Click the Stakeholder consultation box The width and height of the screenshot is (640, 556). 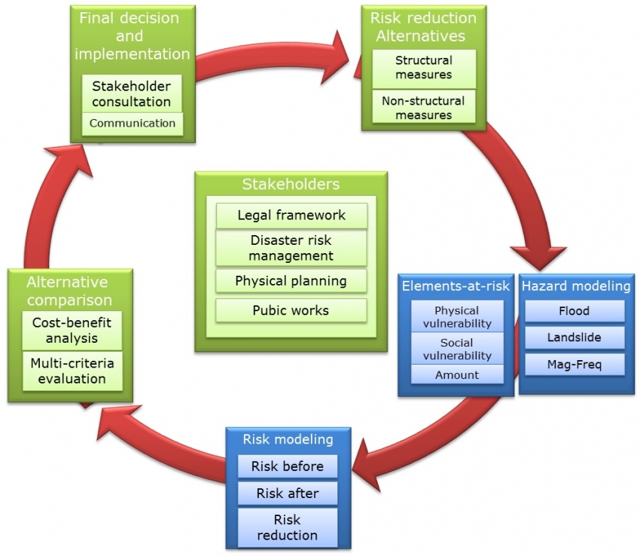132,93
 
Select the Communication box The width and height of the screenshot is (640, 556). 132,124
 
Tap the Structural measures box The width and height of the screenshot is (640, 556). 423,68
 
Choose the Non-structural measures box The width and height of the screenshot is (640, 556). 423,108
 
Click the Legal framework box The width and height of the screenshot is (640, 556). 291,215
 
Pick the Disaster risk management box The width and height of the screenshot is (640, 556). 291,248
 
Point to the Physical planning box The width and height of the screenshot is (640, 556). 291,281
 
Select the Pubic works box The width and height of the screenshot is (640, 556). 291,310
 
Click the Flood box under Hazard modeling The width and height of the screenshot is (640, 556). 574,310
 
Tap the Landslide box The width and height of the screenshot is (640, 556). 574,338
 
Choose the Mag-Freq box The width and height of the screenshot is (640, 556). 574,365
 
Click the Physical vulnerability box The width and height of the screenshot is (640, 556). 457,317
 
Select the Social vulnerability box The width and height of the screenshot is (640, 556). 457,350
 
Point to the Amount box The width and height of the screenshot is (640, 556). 457,374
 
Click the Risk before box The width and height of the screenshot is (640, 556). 288,466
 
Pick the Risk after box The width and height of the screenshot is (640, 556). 288,493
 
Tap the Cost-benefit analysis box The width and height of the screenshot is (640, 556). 72,330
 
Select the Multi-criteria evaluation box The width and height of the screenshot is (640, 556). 72,371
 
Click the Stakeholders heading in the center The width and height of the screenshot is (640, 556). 291,185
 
